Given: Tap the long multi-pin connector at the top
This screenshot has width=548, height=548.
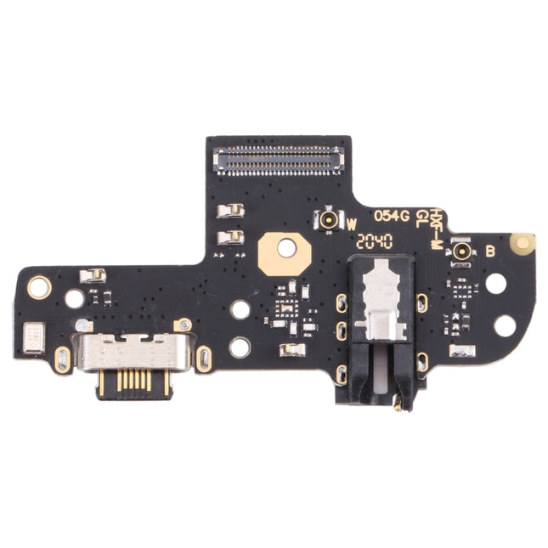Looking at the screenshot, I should pos(279,159).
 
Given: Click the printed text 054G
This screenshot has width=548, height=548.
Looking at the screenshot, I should pos(392,216).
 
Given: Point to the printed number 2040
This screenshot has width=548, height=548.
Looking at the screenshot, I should pos(375,240).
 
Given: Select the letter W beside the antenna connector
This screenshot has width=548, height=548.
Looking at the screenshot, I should pos(351,224).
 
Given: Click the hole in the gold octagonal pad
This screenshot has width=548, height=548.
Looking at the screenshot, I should pos(286,248).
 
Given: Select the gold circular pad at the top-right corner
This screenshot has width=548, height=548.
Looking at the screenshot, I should pos(523,244).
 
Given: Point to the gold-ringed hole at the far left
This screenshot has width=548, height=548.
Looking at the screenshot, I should pos(39,287).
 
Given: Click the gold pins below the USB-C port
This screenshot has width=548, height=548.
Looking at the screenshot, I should pos(133,380).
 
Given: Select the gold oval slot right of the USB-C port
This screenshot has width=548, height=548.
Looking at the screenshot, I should pos(203,359).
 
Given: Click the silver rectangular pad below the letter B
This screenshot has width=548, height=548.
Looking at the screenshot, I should pos(462,350).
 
